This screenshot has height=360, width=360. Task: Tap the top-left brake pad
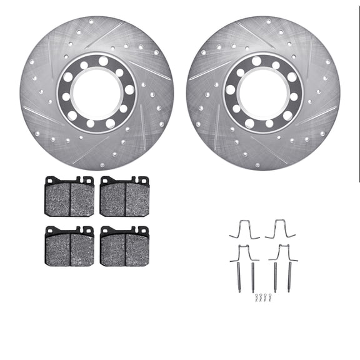point(69,197)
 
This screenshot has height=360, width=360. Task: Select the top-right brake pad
point(124,197)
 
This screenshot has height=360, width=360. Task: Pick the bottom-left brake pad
point(69,247)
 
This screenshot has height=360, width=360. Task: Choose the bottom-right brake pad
point(124,247)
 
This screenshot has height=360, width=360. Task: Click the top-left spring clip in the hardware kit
point(244,230)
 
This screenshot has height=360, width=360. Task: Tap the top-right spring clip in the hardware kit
point(279,230)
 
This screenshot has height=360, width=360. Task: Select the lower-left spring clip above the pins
point(244,252)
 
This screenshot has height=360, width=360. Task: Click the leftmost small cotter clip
point(257,299)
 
